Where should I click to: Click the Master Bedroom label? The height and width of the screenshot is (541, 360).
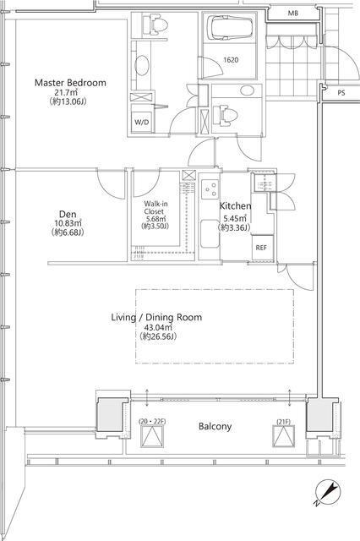(70, 83)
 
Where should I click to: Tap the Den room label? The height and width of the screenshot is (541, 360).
(68, 214)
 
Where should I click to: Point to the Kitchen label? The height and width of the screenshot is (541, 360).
(236, 206)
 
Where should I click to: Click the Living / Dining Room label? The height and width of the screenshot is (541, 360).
(156, 317)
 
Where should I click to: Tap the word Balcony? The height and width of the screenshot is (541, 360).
(215, 426)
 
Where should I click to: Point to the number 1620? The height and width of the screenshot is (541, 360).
(231, 60)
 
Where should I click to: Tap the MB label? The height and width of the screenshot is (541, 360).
(292, 14)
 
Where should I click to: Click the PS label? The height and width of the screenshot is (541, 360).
(341, 93)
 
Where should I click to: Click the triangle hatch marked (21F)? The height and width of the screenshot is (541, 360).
(283, 436)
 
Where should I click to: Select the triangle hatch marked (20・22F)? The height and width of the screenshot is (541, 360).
(152, 436)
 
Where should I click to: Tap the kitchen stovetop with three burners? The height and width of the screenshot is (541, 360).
(210, 189)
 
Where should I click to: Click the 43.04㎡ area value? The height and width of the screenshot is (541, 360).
(158, 327)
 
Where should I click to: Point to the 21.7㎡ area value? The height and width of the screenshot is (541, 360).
(66, 92)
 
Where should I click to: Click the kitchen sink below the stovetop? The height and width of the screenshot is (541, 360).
(210, 234)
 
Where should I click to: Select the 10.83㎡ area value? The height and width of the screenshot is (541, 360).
(68, 223)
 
